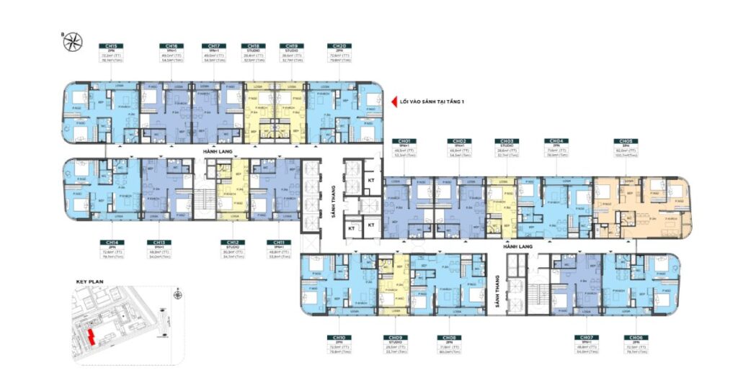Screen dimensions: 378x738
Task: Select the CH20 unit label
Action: point(339,45)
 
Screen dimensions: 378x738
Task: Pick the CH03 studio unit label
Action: point(507,141)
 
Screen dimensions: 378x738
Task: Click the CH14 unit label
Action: point(111,243)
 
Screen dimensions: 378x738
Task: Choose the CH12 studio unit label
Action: point(232,243)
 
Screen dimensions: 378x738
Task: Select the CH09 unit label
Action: point(395,338)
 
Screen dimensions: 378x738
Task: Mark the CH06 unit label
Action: point(635,338)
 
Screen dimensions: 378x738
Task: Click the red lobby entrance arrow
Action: point(394,102)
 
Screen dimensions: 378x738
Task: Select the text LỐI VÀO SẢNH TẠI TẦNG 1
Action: point(433,102)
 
